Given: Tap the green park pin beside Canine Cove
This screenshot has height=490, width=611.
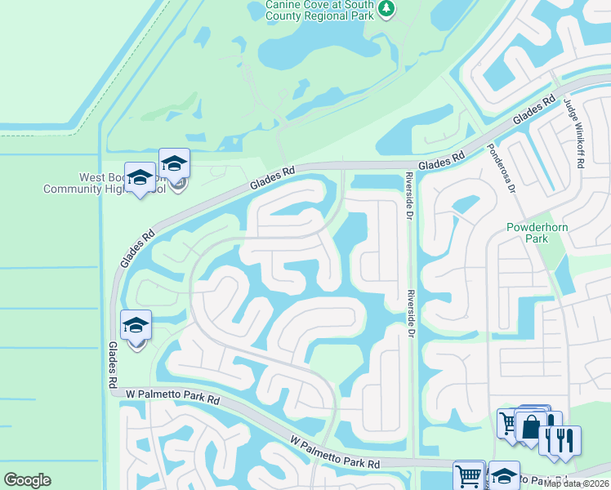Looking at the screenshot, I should pos(386,8).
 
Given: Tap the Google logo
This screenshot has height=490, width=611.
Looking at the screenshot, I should pos(27,480).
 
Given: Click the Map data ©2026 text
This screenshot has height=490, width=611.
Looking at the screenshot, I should pos(576,483).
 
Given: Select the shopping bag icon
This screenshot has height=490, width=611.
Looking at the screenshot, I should pos(531,426).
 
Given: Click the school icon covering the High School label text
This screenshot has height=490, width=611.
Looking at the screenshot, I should pos(174,163).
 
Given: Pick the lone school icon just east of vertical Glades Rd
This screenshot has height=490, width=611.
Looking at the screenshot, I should pos(136,325).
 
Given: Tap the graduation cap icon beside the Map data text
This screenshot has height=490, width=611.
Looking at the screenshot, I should pos(504,475).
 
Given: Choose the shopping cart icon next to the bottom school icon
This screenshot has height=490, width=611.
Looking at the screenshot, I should pos(469,475).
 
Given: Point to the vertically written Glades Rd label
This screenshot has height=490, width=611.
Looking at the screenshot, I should pos(112,364).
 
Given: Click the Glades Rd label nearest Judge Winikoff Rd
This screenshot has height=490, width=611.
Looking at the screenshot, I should pos(529,114).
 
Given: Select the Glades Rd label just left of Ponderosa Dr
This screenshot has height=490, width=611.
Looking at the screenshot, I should pos(442,160).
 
